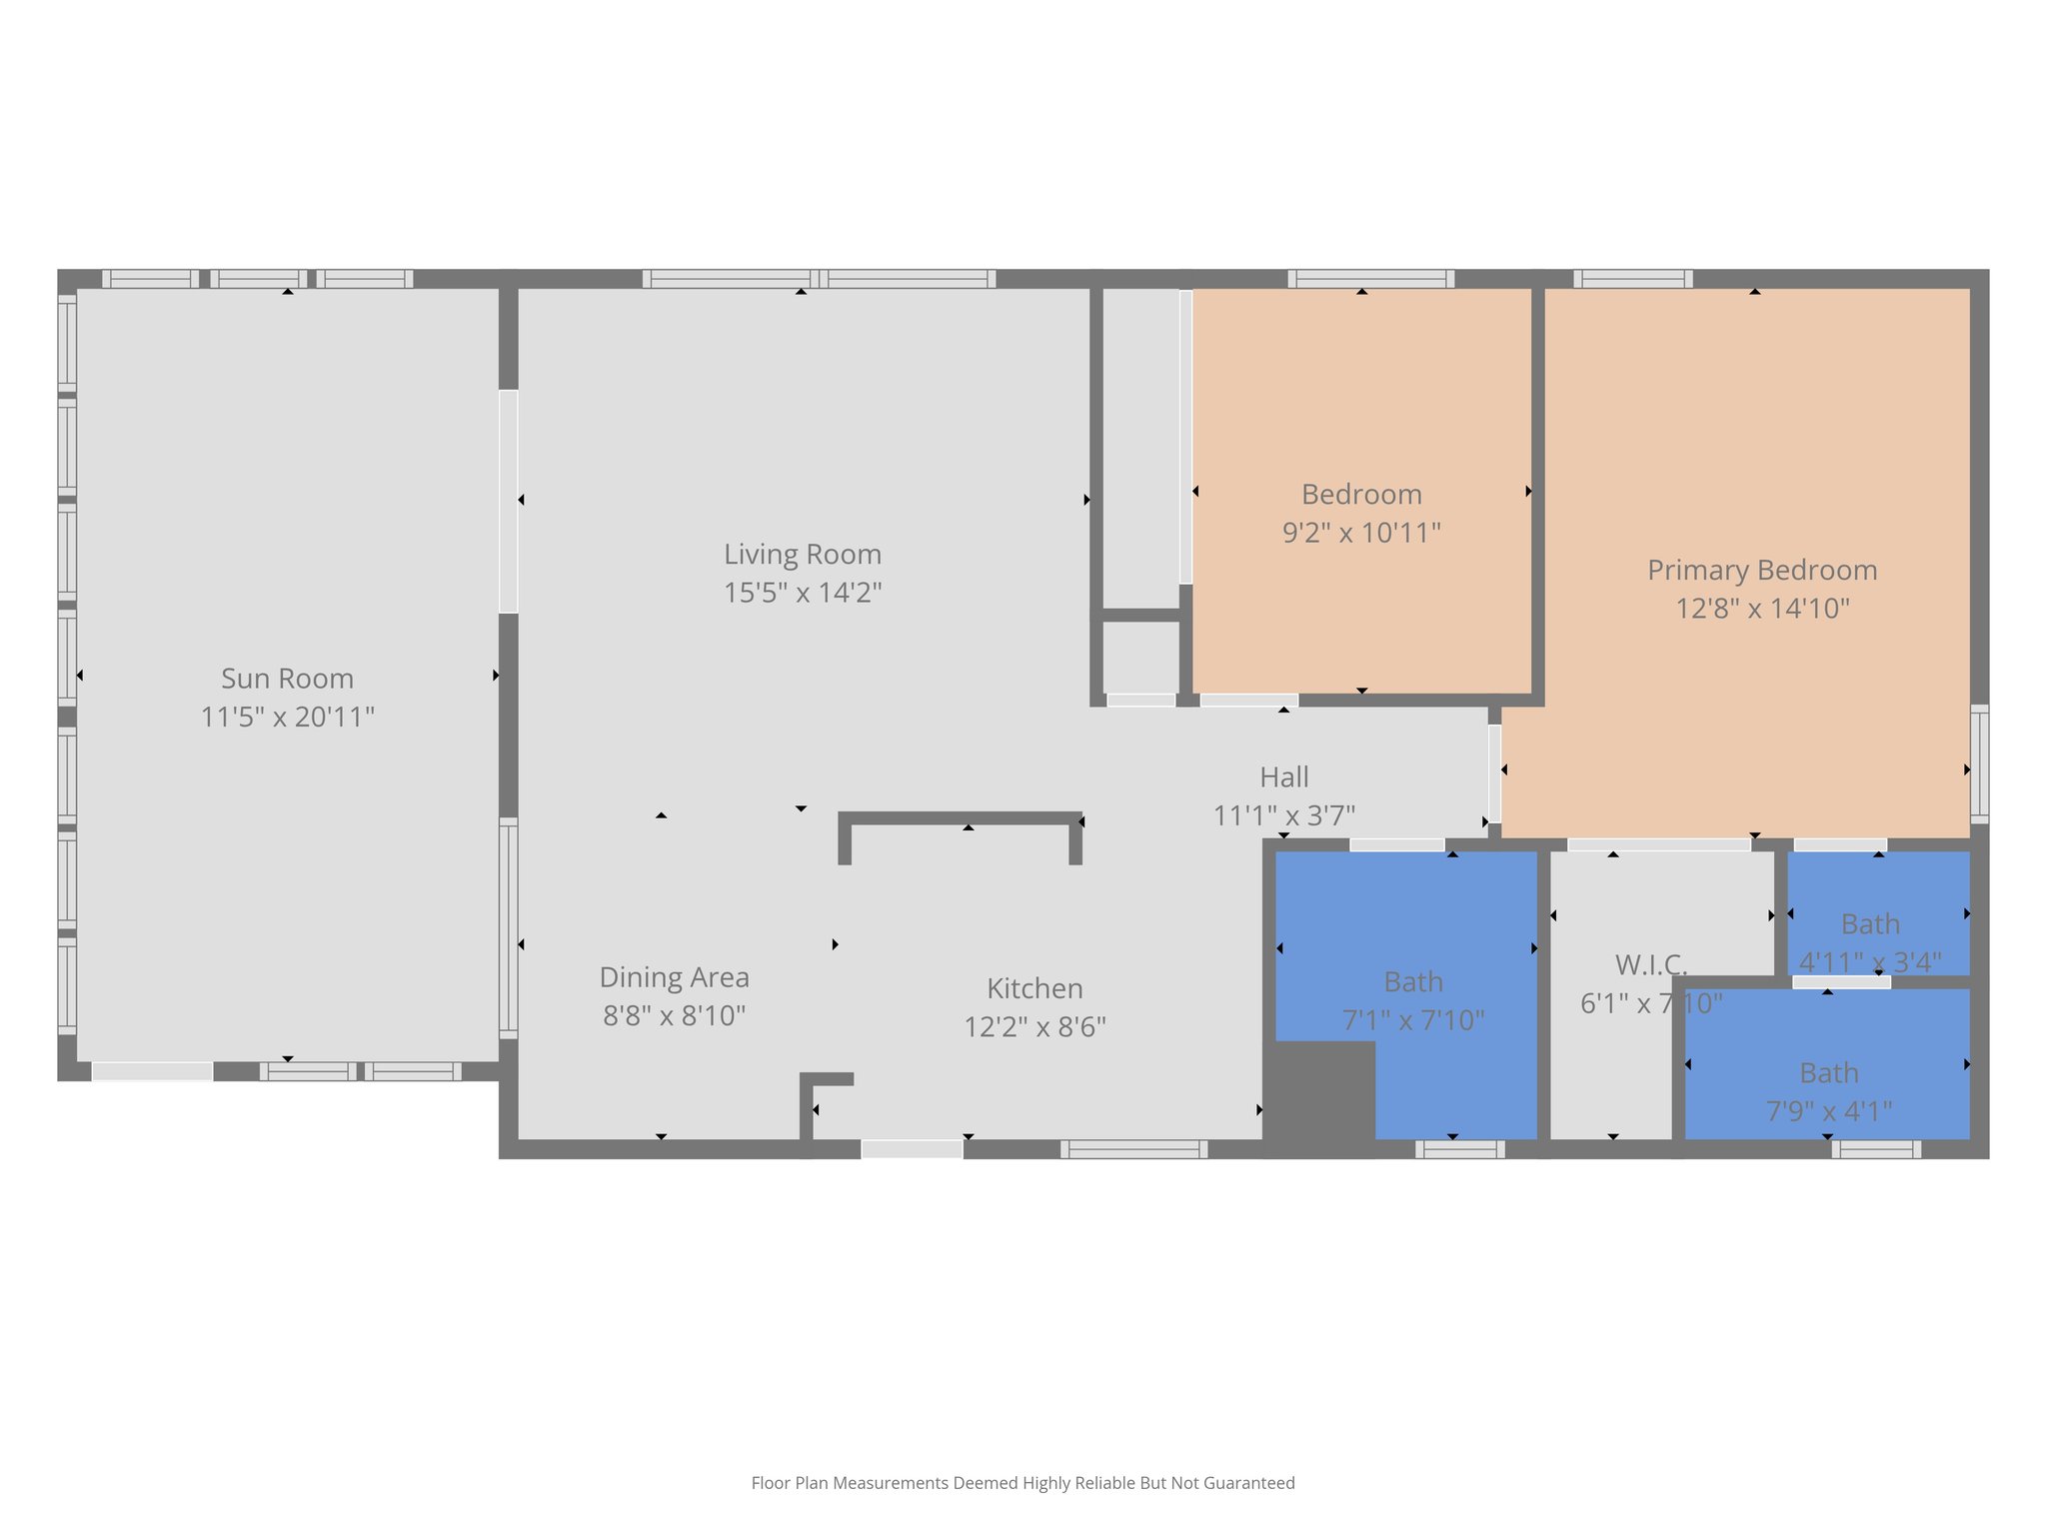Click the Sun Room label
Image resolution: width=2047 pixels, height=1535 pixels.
coord(287,679)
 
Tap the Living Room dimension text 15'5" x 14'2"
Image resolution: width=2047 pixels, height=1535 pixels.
coord(803,593)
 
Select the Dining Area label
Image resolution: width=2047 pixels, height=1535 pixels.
coord(674,976)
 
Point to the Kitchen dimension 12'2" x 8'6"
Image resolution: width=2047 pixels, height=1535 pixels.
coord(1034,1027)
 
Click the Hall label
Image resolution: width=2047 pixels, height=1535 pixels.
coord(1283,776)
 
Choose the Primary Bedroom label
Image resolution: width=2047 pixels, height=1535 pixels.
coord(1761,570)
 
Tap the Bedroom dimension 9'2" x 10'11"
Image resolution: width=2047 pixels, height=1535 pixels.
coord(1361,533)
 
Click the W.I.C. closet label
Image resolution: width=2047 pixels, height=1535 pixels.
coord(1650,964)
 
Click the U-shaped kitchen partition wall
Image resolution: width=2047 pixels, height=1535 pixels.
coord(960,818)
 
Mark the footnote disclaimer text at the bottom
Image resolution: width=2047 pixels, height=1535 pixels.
coord(1023,1483)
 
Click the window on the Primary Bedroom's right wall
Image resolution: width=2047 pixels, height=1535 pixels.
coord(1979,764)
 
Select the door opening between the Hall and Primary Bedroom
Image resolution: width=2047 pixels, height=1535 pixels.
coord(1494,772)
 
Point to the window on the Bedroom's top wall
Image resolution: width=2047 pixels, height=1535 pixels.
coord(1370,279)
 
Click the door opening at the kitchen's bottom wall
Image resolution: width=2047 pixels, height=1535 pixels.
coord(912,1149)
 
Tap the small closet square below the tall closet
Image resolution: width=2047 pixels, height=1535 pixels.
coord(1140,657)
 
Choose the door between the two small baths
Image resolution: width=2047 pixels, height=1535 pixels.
coord(1841,982)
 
